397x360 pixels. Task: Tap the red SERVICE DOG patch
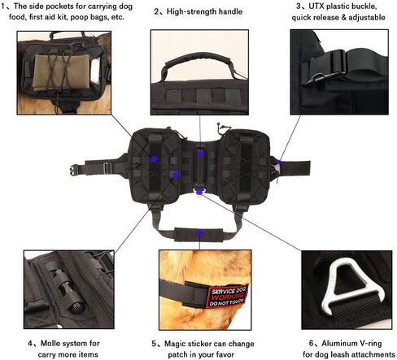click(228, 297)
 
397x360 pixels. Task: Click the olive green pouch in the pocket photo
click(61, 72)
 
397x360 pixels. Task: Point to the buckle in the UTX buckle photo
click(328, 67)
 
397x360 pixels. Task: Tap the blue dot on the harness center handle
click(200, 154)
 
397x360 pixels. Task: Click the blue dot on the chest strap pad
click(199, 233)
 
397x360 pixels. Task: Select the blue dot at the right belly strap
click(278, 163)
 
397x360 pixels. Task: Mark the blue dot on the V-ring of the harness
click(199, 192)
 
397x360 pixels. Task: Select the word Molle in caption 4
click(50, 343)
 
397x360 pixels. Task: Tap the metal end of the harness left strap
click(73, 171)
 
